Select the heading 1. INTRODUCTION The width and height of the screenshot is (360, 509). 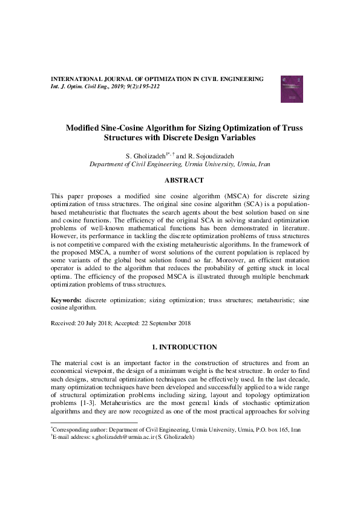click(x=184, y=347)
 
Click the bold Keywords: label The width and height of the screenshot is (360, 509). click(x=67, y=299)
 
